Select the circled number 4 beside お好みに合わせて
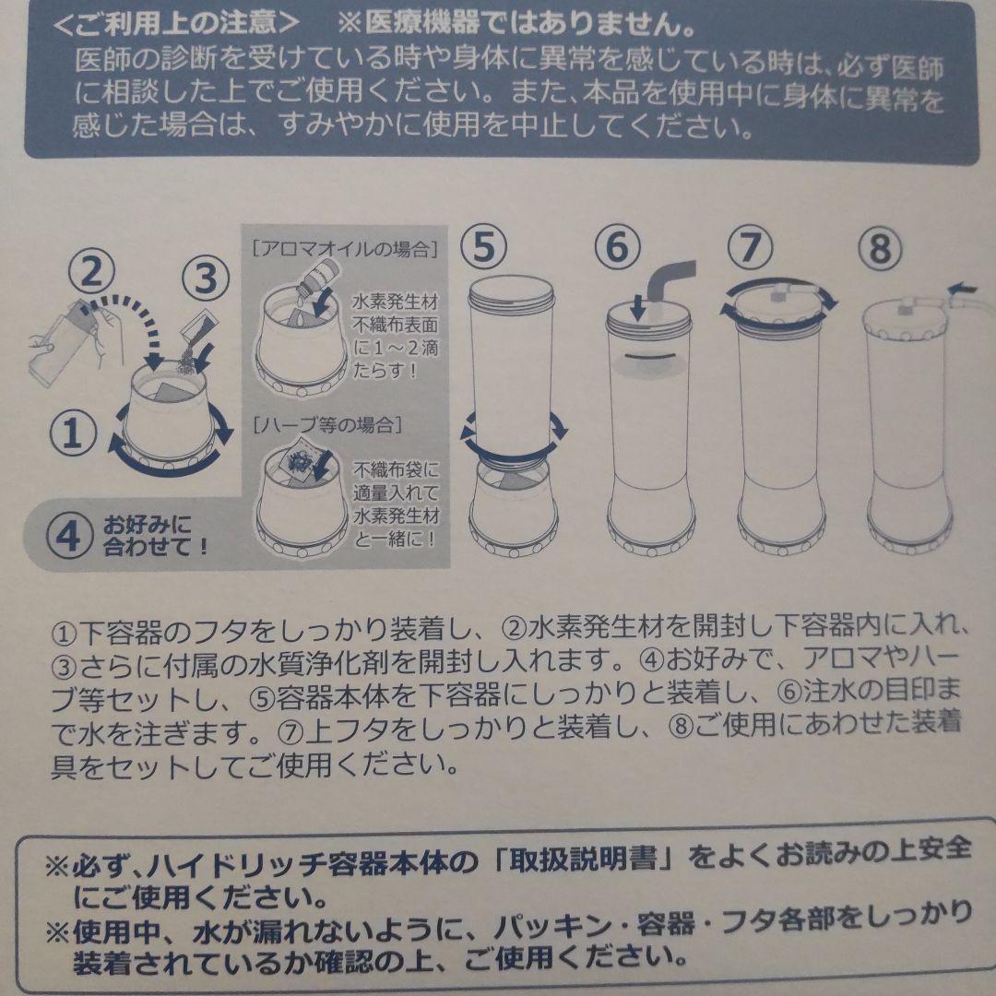(x=71, y=537)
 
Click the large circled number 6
(x=618, y=247)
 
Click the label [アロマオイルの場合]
(x=343, y=247)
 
